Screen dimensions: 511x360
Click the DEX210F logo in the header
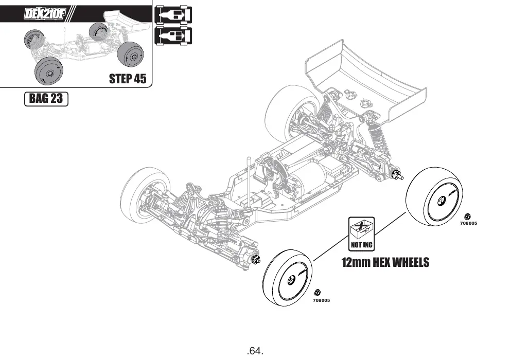45,14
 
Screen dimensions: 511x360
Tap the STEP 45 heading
128,79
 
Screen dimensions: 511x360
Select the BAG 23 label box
46,99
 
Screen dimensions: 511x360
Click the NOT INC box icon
361,234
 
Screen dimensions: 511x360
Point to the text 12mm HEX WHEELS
385,262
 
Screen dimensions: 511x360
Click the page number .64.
255,351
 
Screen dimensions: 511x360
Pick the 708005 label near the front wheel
321,300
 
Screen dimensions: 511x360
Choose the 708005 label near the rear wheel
468,223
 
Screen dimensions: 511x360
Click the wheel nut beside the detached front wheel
318,292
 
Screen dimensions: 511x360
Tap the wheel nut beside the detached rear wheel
467,215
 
